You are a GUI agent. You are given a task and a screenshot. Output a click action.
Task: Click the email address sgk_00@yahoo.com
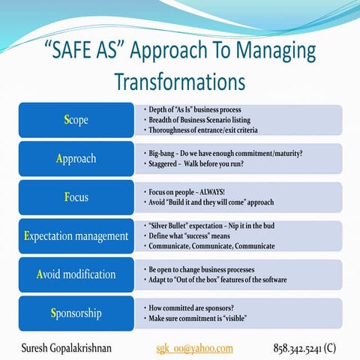click(x=194, y=348)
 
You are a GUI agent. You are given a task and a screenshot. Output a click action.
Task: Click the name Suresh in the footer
click(x=37, y=348)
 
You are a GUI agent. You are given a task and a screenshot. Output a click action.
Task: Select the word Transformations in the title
click(x=180, y=79)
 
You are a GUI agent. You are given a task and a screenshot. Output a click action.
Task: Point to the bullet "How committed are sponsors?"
click(x=195, y=307)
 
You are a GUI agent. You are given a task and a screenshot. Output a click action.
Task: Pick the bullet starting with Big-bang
click(x=225, y=153)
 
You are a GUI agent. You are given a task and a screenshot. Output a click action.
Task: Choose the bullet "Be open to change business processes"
click(x=206, y=268)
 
